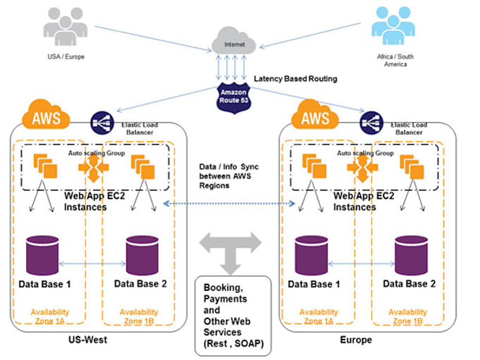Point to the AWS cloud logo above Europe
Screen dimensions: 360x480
(x=316, y=116)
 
